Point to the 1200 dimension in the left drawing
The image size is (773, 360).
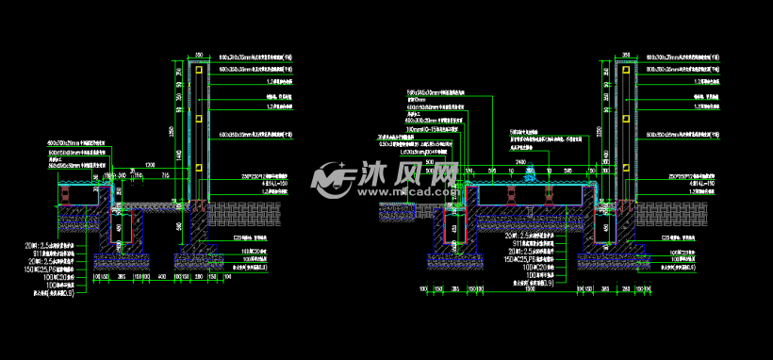pyautogui.click(x=150, y=164)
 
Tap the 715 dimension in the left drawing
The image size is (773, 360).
pyautogui.click(x=166, y=174)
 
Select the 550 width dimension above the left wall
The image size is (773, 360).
pyautogui.click(x=199, y=55)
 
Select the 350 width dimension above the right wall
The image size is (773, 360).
pyautogui.click(x=626, y=55)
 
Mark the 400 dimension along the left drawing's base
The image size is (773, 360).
pyautogui.click(x=162, y=277)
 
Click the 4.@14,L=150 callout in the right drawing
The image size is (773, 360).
pyautogui.click(x=694, y=183)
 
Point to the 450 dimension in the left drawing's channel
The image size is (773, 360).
pyautogui.click(x=119, y=227)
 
